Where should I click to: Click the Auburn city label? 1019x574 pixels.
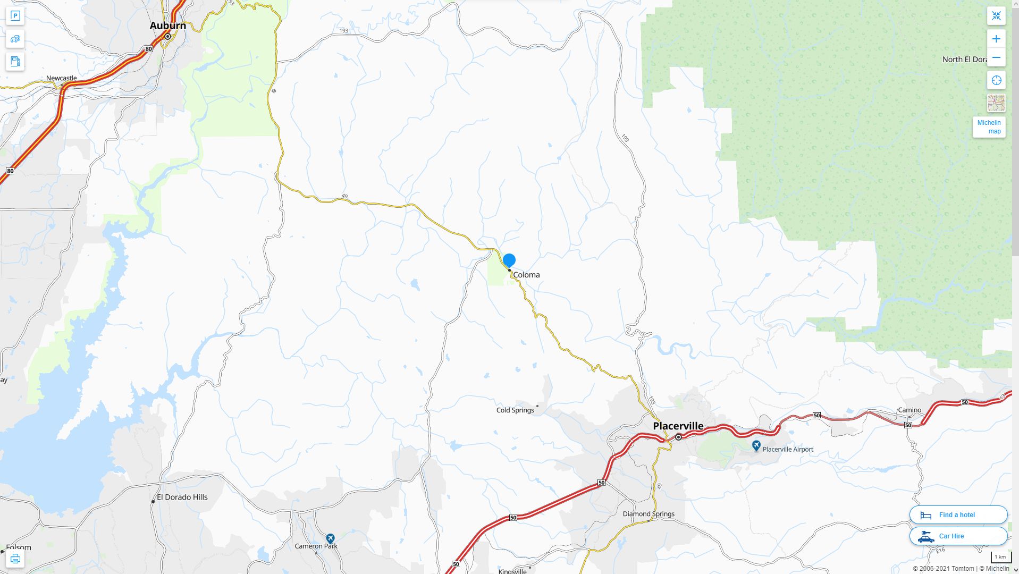[x=167, y=26]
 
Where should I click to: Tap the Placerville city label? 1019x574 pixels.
[x=678, y=426]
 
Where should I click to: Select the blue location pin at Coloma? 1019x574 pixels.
[x=509, y=260]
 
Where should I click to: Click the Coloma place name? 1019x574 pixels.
[x=526, y=275]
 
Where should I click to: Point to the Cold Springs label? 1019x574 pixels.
[x=515, y=410]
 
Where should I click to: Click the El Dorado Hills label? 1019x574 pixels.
[x=182, y=497]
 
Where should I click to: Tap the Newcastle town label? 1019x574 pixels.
[x=61, y=78]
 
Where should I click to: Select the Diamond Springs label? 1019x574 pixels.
[x=649, y=514]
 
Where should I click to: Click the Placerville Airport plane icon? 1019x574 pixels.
[x=756, y=446]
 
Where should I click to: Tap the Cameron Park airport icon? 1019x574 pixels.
[x=330, y=538]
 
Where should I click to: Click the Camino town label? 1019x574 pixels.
[x=909, y=410]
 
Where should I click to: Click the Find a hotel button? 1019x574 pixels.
[x=958, y=514]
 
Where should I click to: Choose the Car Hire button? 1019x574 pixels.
[x=958, y=536]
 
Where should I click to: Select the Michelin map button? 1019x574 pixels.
[x=989, y=127]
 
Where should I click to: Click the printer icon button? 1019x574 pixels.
[x=15, y=559]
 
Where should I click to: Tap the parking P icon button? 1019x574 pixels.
[x=15, y=16]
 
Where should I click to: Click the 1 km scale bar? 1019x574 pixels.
[x=1000, y=558]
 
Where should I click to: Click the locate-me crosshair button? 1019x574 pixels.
[x=996, y=80]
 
